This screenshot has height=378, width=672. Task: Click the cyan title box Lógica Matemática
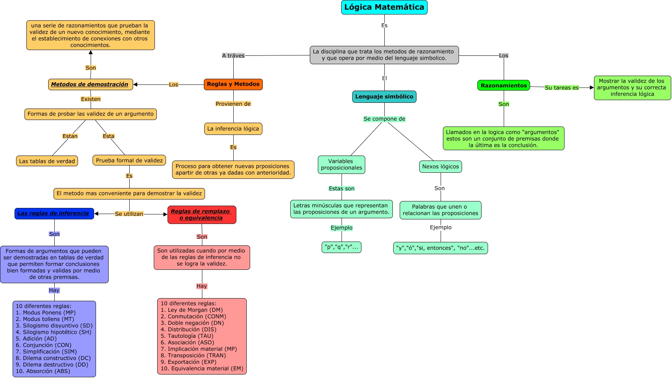point(384,7)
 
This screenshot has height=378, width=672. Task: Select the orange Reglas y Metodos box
point(233,84)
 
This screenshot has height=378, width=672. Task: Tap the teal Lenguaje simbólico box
point(384,97)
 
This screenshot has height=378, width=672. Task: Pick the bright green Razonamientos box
point(504,86)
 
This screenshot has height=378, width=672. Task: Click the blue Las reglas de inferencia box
point(54,213)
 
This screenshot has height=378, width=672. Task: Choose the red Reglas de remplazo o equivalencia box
point(202,215)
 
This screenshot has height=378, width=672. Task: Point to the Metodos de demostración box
point(91,84)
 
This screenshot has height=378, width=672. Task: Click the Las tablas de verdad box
point(47,161)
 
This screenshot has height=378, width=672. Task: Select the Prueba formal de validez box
point(129,161)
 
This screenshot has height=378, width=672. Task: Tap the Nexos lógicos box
point(441,167)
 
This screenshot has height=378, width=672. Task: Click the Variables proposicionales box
point(342,165)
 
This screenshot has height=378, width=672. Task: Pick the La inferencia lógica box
point(233,129)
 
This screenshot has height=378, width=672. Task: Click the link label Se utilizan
point(129,214)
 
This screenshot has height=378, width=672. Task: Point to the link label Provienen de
point(233,104)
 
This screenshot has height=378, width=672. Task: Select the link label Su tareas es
point(562,88)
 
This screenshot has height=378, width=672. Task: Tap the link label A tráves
point(233,56)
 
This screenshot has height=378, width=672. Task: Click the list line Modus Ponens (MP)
point(46,313)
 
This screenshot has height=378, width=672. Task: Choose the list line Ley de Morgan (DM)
point(192,310)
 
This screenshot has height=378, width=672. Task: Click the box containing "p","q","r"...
point(342,247)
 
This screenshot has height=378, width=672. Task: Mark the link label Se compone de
point(384,119)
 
